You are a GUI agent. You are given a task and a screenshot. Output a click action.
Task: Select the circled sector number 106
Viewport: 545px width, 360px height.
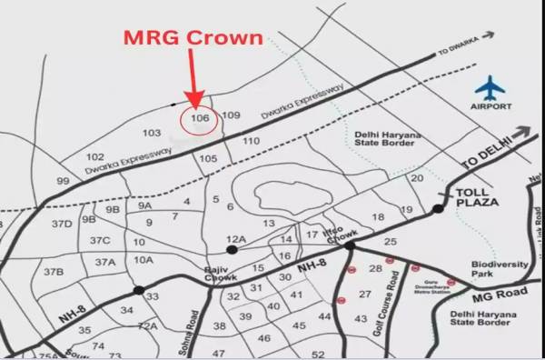coord(201,117)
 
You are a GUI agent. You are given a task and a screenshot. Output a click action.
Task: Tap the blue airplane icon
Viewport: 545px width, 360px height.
coord(490,88)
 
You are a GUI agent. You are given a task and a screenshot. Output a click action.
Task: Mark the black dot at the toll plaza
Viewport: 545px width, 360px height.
coord(438,209)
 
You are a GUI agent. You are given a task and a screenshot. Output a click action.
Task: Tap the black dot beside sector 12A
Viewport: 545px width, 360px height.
coord(233,248)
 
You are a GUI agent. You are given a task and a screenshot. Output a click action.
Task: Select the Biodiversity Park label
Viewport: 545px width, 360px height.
coord(499,269)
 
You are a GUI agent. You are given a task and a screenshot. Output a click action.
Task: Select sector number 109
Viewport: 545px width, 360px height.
coord(231,115)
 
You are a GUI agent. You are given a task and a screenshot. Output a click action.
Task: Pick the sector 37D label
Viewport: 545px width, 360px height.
coord(62,223)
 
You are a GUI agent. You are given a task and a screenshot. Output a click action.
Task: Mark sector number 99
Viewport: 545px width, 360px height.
coord(63,182)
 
